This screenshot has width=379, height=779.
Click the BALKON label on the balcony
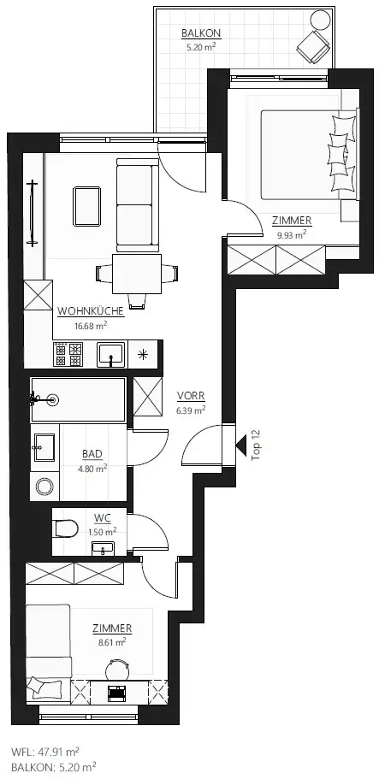coord(200,34)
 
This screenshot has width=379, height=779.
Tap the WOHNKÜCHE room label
coord(90,312)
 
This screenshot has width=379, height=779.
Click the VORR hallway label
coord(190,397)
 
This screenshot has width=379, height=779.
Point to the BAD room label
coord(93,455)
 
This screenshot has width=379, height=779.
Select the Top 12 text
coord(256,445)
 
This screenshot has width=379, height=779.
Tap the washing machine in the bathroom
coord(44,487)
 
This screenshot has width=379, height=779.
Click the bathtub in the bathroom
coord(78,399)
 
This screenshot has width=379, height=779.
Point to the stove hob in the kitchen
coord(68,352)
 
